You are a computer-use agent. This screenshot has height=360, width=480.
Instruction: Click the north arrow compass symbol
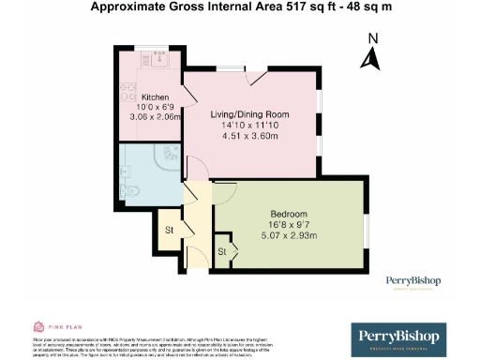pyautogui.click(x=371, y=58)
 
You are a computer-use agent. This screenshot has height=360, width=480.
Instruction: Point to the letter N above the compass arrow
pyautogui.click(x=372, y=38)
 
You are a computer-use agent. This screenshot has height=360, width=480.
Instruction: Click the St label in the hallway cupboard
pyautogui.click(x=170, y=230)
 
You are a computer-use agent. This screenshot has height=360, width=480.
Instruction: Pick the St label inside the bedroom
pyautogui.click(x=223, y=252)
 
